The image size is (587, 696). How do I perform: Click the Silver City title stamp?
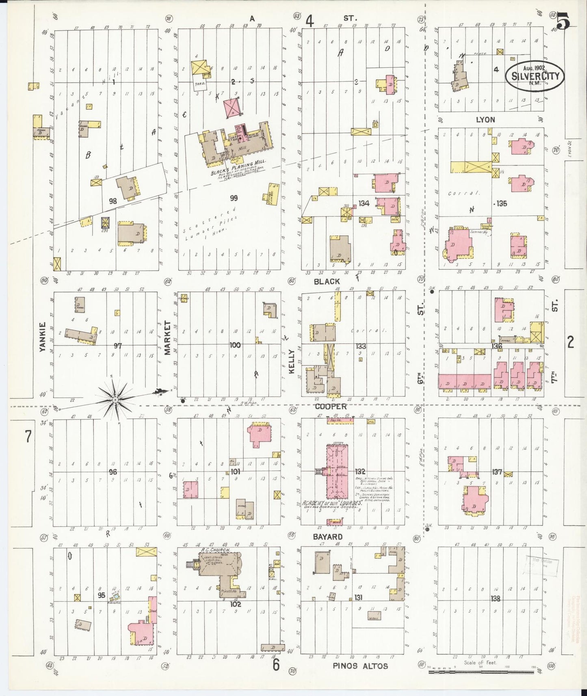535,76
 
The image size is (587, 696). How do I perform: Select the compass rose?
116,400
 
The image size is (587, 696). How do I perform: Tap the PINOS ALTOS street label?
360,666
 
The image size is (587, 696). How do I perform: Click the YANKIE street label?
43,337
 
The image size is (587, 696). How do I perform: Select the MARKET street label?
168,337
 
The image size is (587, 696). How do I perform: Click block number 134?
364,203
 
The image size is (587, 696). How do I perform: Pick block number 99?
234,198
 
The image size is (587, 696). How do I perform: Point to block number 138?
495,599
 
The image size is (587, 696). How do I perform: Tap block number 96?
113,472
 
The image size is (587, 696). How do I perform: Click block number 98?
113,201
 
